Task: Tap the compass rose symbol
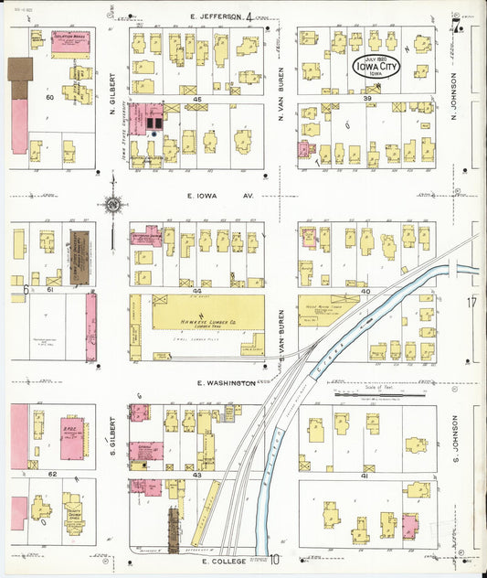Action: click(x=111, y=205)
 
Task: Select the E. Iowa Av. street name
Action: click(x=206, y=195)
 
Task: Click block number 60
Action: click(x=50, y=97)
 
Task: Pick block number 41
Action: click(x=364, y=476)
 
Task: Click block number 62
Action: click(x=52, y=475)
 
